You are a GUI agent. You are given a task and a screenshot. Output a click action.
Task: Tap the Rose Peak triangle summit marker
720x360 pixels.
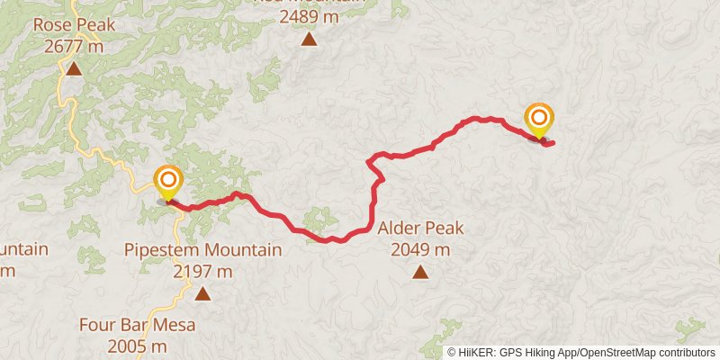point(73,67)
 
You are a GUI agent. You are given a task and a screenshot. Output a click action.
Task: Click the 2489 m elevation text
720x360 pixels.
point(310,16)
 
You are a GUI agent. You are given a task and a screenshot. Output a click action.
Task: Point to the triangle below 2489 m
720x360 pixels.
point(310,39)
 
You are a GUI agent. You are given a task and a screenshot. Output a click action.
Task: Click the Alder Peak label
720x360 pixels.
point(420,229)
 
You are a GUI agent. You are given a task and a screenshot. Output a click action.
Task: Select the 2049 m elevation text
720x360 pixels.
point(420,249)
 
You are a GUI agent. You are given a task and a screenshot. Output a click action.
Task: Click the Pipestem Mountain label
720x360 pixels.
point(202,250)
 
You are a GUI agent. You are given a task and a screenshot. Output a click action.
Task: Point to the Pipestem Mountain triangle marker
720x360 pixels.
point(202,292)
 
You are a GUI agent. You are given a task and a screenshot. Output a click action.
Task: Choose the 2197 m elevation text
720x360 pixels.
point(202,271)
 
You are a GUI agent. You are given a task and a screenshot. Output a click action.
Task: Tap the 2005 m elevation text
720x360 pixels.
point(136,346)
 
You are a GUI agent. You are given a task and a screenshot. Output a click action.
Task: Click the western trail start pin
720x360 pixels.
point(168,183)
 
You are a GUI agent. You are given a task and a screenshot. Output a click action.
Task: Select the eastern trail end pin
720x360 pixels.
point(539,120)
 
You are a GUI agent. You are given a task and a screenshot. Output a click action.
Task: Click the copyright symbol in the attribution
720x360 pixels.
point(452,352)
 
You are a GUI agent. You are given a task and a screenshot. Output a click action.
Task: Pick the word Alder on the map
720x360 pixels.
point(400,229)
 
